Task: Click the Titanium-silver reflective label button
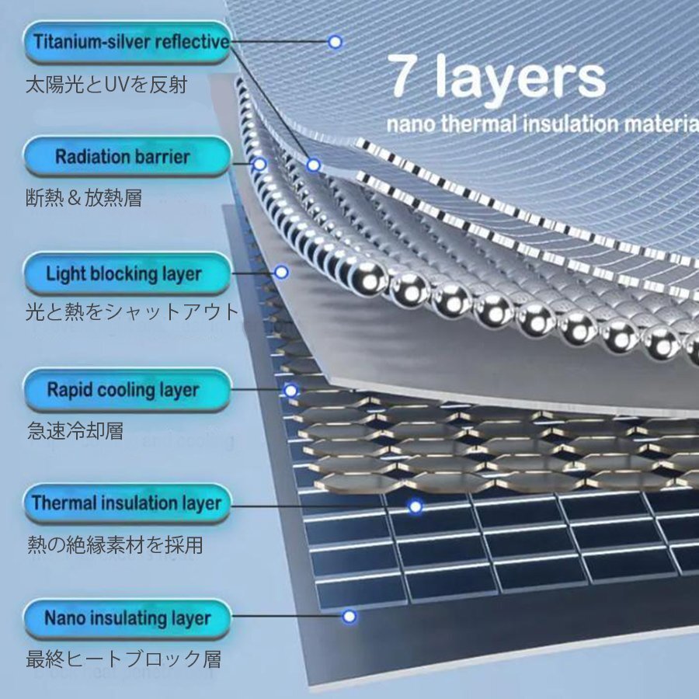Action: point(128,42)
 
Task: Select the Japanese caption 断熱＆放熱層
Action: point(85,198)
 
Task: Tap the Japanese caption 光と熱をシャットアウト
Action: point(133,312)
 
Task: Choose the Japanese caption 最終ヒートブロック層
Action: point(123,659)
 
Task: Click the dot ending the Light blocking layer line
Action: point(282,273)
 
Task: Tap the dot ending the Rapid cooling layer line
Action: point(290,391)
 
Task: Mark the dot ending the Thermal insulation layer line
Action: point(416,506)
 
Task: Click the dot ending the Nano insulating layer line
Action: point(349,617)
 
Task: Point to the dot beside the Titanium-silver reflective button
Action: point(335,42)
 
